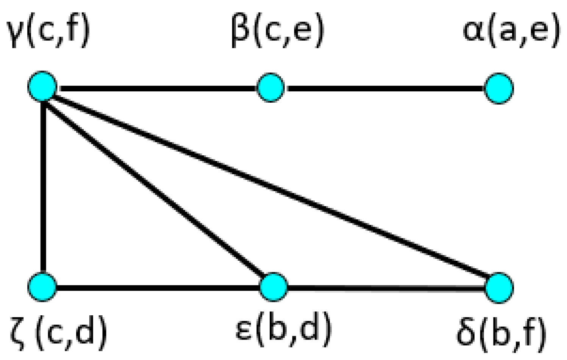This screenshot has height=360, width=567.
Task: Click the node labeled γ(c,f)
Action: tap(42, 86)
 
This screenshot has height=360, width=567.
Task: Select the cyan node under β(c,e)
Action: tap(270, 88)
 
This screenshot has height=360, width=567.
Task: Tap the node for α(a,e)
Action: tap(499, 88)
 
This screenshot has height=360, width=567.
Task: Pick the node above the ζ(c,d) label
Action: tap(42, 287)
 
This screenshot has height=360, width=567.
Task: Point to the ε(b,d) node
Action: tap(273, 287)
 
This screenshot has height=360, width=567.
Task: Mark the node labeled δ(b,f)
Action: tap(499, 288)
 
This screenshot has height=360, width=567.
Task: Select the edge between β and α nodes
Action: tap(384, 88)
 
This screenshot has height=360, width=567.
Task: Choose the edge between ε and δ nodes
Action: tap(386, 288)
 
